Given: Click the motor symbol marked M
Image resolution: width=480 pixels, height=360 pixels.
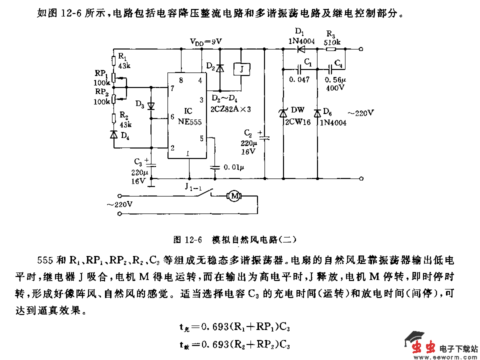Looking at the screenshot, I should coord(233,195).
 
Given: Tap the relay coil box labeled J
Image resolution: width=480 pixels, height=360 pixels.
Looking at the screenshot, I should coord(241,69).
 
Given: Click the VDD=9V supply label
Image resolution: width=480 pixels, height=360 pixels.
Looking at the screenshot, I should coord(205,41).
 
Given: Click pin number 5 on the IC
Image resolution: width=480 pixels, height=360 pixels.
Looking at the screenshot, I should coord(201,138).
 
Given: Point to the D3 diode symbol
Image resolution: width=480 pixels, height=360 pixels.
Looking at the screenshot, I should coord(151,106).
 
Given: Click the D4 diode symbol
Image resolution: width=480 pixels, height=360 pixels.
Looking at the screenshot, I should coord(113,135).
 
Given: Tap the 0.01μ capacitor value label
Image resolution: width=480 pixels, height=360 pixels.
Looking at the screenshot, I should coord(234,166).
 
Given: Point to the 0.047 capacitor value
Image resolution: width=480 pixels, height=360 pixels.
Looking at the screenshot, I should coord(299,79).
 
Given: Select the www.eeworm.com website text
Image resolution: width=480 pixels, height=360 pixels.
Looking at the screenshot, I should coord(440,356).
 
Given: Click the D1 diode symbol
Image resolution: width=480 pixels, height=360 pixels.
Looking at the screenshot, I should coord(300,49).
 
